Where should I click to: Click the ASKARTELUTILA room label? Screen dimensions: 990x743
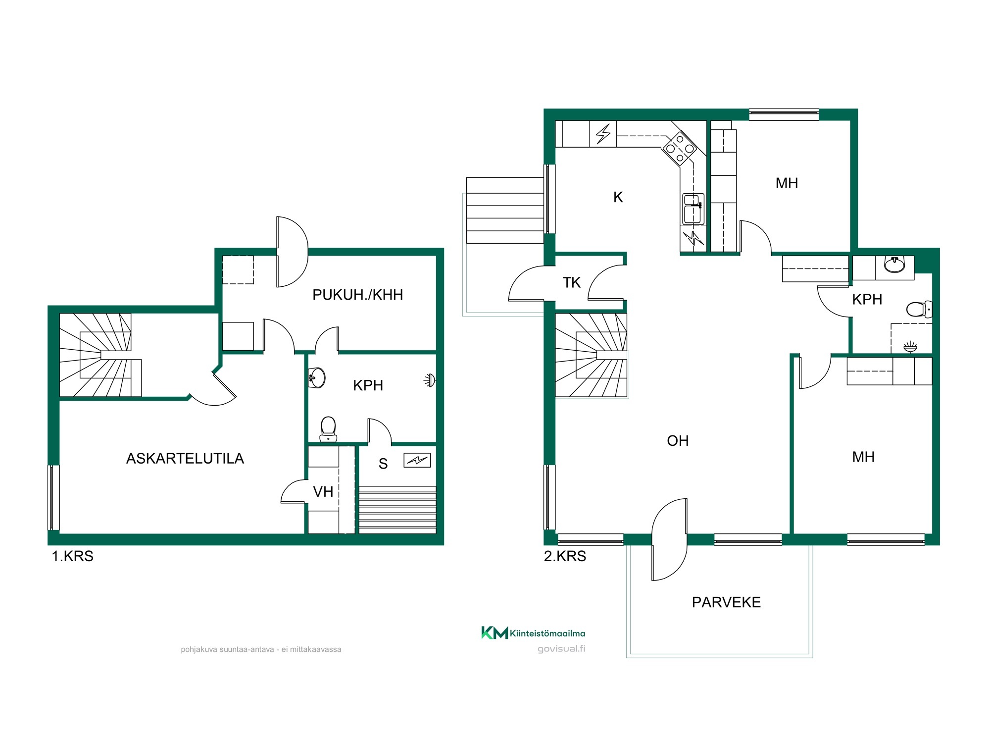pyautogui.click(x=185, y=459)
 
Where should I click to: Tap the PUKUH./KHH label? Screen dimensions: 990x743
pyautogui.click(x=357, y=295)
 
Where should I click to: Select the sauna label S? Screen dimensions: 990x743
pyautogui.click(x=383, y=464)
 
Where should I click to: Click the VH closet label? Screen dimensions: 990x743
pyautogui.click(x=323, y=492)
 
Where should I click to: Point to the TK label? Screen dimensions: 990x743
pyautogui.click(x=571, y=283)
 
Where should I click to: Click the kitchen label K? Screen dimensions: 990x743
pyautogui.click(x=618, y=197)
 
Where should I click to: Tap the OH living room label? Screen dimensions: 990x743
pyautogui.click(x=678, y=441)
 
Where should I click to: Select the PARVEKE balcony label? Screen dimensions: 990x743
pyautogui.click(x=726, y=602)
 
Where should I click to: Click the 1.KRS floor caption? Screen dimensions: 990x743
pyautogui.click(x=73, y=556)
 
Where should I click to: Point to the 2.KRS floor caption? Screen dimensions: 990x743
pyautogui.click(x=565, y=556)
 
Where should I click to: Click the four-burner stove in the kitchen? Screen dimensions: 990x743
pyautogui.click(x=680, y=148)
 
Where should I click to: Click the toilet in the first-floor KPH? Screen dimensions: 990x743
pyautogui.click(x=328, y=429)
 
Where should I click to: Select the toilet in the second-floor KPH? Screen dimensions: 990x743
pyautogui.click(x=920, y=310)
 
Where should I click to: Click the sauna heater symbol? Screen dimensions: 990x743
pyautogui.click(x=417, y=461)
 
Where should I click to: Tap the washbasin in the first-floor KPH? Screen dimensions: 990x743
pyautogui.click(x=317, y=378)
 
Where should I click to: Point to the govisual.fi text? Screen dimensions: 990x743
pyautogui.click(x=561, y=649)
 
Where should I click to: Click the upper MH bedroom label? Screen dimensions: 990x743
pyautogui.click(x=787, y=183)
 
